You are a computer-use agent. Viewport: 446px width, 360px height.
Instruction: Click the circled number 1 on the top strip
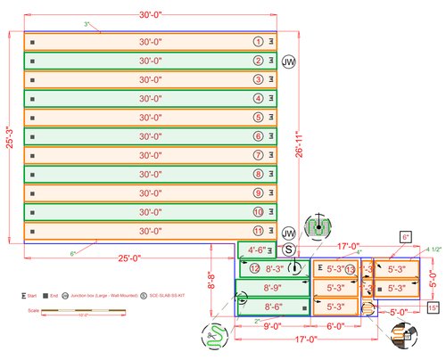click(x=258, y=42)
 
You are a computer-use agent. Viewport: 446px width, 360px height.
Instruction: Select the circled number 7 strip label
click(x=258, y=155)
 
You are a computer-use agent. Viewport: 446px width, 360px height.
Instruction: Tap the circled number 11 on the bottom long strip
click(x=258, y=231)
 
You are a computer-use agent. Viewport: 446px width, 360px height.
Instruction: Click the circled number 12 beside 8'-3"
click(x=254, y=268)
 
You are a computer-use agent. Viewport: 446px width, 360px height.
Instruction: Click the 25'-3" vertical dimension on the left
click(x=10, y=138)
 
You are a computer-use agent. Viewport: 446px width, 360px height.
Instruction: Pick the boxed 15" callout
click(x=434, y=307)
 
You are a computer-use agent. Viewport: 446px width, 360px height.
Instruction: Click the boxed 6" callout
click(x=405, y=237)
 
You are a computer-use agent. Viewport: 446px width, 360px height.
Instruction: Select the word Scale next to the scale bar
click(x=35, y=311)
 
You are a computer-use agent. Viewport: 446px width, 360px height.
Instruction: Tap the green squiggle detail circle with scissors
click(x=213, y=335)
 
